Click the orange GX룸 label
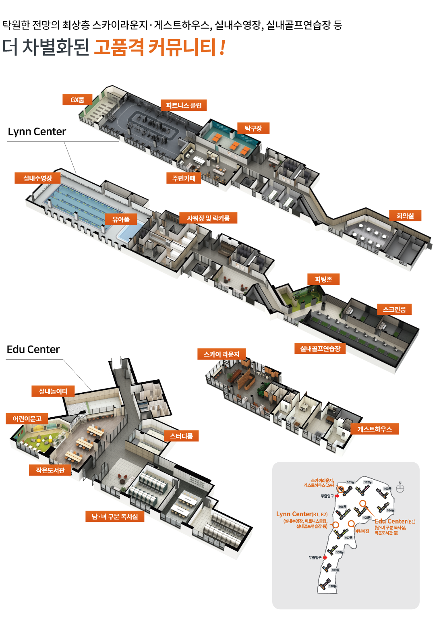[x=77, y=99]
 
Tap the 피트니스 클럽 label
[x=184, y=105]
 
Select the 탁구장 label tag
[x=253, y=128]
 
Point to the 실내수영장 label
[x=37, y=178]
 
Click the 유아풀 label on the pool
[x=121, y=219]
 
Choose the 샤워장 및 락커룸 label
[x=208, y=218]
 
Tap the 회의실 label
[x=405, y=215]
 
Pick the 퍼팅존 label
[x=323, y=279]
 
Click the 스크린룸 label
[x=394, y=309]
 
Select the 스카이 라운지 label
[x=221, y=354]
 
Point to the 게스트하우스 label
[x=375, y=429]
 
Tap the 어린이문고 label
[x=27, y=418]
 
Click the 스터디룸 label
[x=181, y=436]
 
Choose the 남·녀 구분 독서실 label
[x=115, y=516]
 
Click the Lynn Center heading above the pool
[x=37, y=132]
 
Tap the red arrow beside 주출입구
[x=337, y=496]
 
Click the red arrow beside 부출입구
[x=325, y=557]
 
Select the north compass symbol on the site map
[x=400, y=488]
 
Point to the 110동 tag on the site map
[x=332, y=586]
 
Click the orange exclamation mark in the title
[x=223, y=48]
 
